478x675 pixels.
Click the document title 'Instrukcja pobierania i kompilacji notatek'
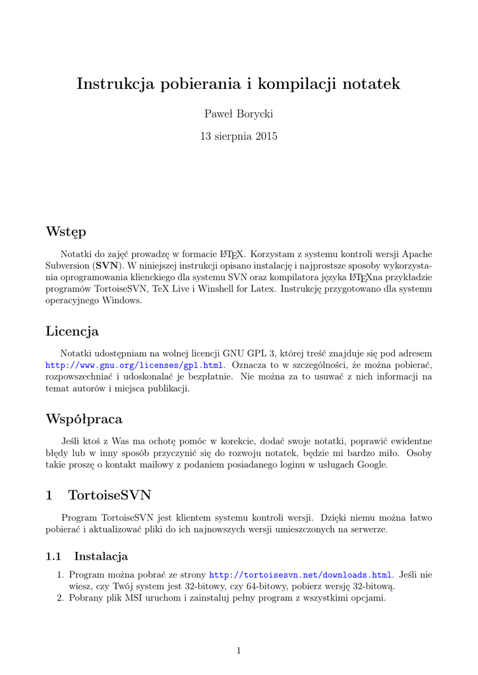[x=239, y=84]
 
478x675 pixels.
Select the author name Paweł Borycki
[x=239, y=114]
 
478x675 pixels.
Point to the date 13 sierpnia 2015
[x=239, y=136]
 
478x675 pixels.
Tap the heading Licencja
[x=72, y=331]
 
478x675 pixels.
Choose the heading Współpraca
[x=84, y=419]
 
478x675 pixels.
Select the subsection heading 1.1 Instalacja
[x=86, y=556]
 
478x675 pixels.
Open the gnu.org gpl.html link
[x=134, y=365]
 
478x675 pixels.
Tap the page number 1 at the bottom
[x=239, y=651]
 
